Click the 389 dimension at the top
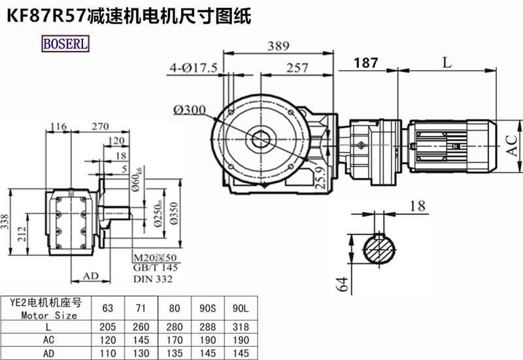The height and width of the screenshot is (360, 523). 279,46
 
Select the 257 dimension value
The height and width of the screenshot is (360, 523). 297,68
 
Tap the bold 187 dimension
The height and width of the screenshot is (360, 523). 365,63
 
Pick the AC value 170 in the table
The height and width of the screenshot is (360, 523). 173,340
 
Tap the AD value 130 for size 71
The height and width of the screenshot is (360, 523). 141,354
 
